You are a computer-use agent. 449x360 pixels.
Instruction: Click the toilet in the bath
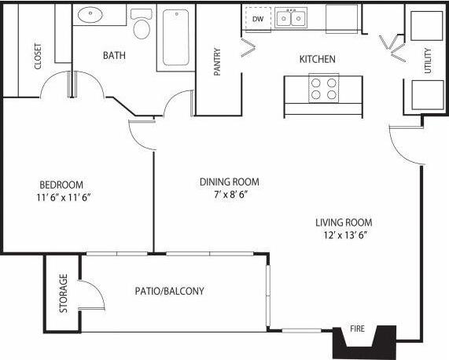click(142, 25)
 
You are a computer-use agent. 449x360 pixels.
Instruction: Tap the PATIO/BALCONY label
click(169, 291)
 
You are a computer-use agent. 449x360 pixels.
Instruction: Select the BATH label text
click(115, 56)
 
